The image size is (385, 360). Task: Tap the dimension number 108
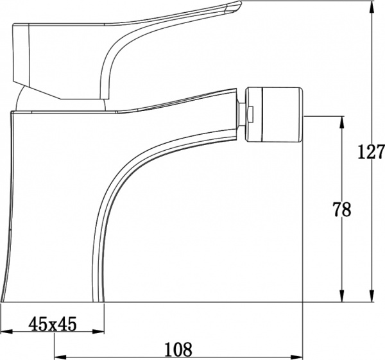point(178,350)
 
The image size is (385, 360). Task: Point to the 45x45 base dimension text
point(53,325)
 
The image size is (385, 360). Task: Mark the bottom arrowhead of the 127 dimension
point(372,296)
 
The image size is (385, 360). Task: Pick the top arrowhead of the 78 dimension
point(343,120)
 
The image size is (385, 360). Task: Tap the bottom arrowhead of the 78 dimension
point(343,296)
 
